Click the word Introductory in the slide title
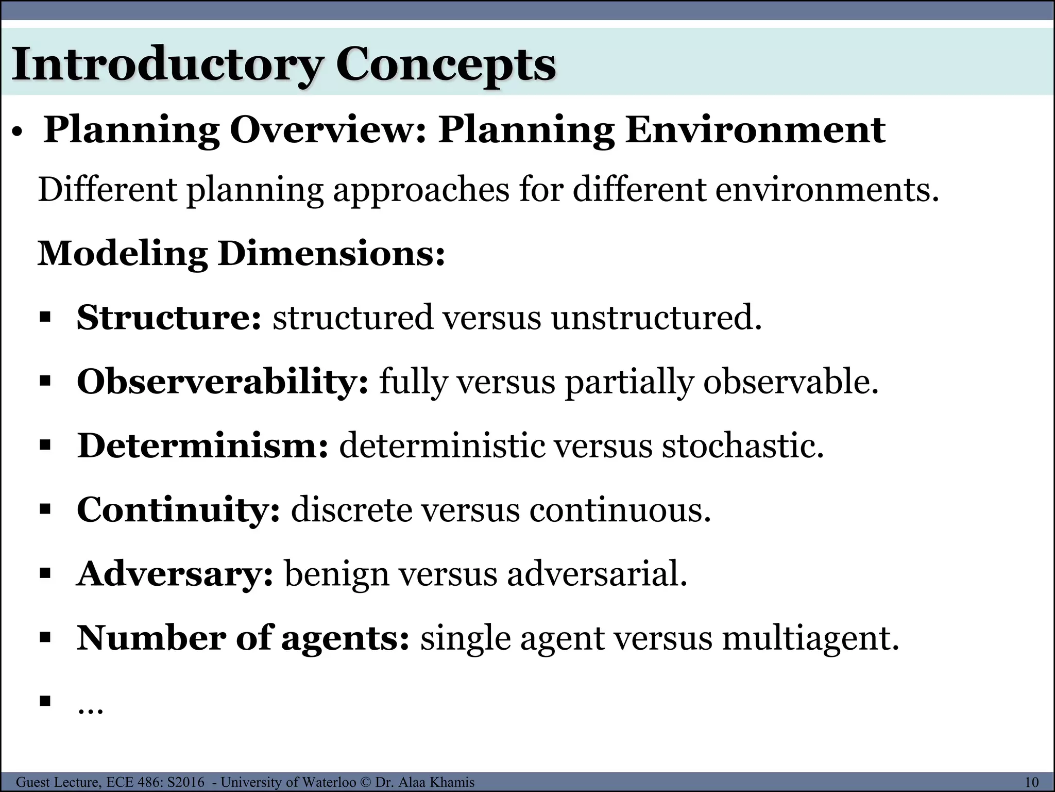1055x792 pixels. (167, 65)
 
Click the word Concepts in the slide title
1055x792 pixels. (446, 65)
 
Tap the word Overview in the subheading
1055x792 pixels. (328, 130)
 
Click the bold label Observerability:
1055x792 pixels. (223, 382)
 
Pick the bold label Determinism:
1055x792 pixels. (202, 445)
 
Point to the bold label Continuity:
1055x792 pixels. (178, 509)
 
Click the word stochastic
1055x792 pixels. (742, 445)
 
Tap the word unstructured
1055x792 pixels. (656, 317)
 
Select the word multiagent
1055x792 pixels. (810, 638)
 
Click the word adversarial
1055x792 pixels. (597, 574)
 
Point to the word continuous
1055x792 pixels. (620, 509)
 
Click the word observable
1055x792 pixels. (791, 382)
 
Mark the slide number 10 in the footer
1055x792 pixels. (1031, 782)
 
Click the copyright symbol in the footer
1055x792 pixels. (366, 782)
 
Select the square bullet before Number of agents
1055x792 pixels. (45, 637)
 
